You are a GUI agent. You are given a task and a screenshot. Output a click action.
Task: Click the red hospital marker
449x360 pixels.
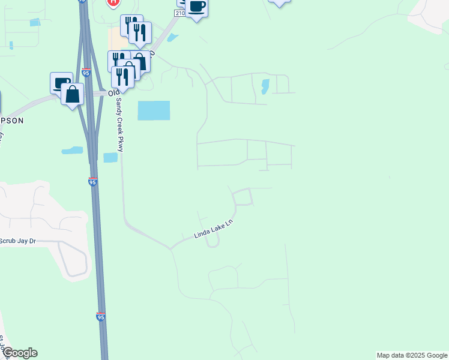tap(113, 2)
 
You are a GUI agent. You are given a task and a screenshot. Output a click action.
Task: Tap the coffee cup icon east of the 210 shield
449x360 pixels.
tap(196, 7)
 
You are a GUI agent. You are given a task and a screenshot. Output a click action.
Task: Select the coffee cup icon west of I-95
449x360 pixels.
tap(61, 83)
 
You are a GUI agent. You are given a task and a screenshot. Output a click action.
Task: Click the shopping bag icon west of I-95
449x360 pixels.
tap(73, 95)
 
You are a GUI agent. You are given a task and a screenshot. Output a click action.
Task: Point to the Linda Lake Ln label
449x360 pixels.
tap(212, 229)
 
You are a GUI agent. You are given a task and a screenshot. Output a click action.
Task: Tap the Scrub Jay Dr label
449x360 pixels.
tap(17, 241)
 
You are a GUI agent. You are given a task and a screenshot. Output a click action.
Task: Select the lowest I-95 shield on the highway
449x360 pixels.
tap(100, 316)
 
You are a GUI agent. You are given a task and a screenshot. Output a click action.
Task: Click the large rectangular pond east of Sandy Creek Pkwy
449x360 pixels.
tap(154, 110)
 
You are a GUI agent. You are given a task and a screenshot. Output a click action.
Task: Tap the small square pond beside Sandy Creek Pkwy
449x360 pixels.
tap(110, 157)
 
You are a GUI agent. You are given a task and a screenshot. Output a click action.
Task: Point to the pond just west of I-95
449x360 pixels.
tap(72, 150)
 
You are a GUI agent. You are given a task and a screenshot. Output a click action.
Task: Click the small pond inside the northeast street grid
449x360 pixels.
tap(265, 87)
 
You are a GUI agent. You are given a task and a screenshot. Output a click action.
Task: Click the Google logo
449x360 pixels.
tap(19, 353)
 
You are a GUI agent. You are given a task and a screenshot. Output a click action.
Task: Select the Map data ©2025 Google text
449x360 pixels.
tap(412, 355)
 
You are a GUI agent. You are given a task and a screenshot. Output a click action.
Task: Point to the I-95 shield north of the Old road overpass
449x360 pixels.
tap(86, 73)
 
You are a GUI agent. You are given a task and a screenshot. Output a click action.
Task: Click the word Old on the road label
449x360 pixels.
tap(113, 94)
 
